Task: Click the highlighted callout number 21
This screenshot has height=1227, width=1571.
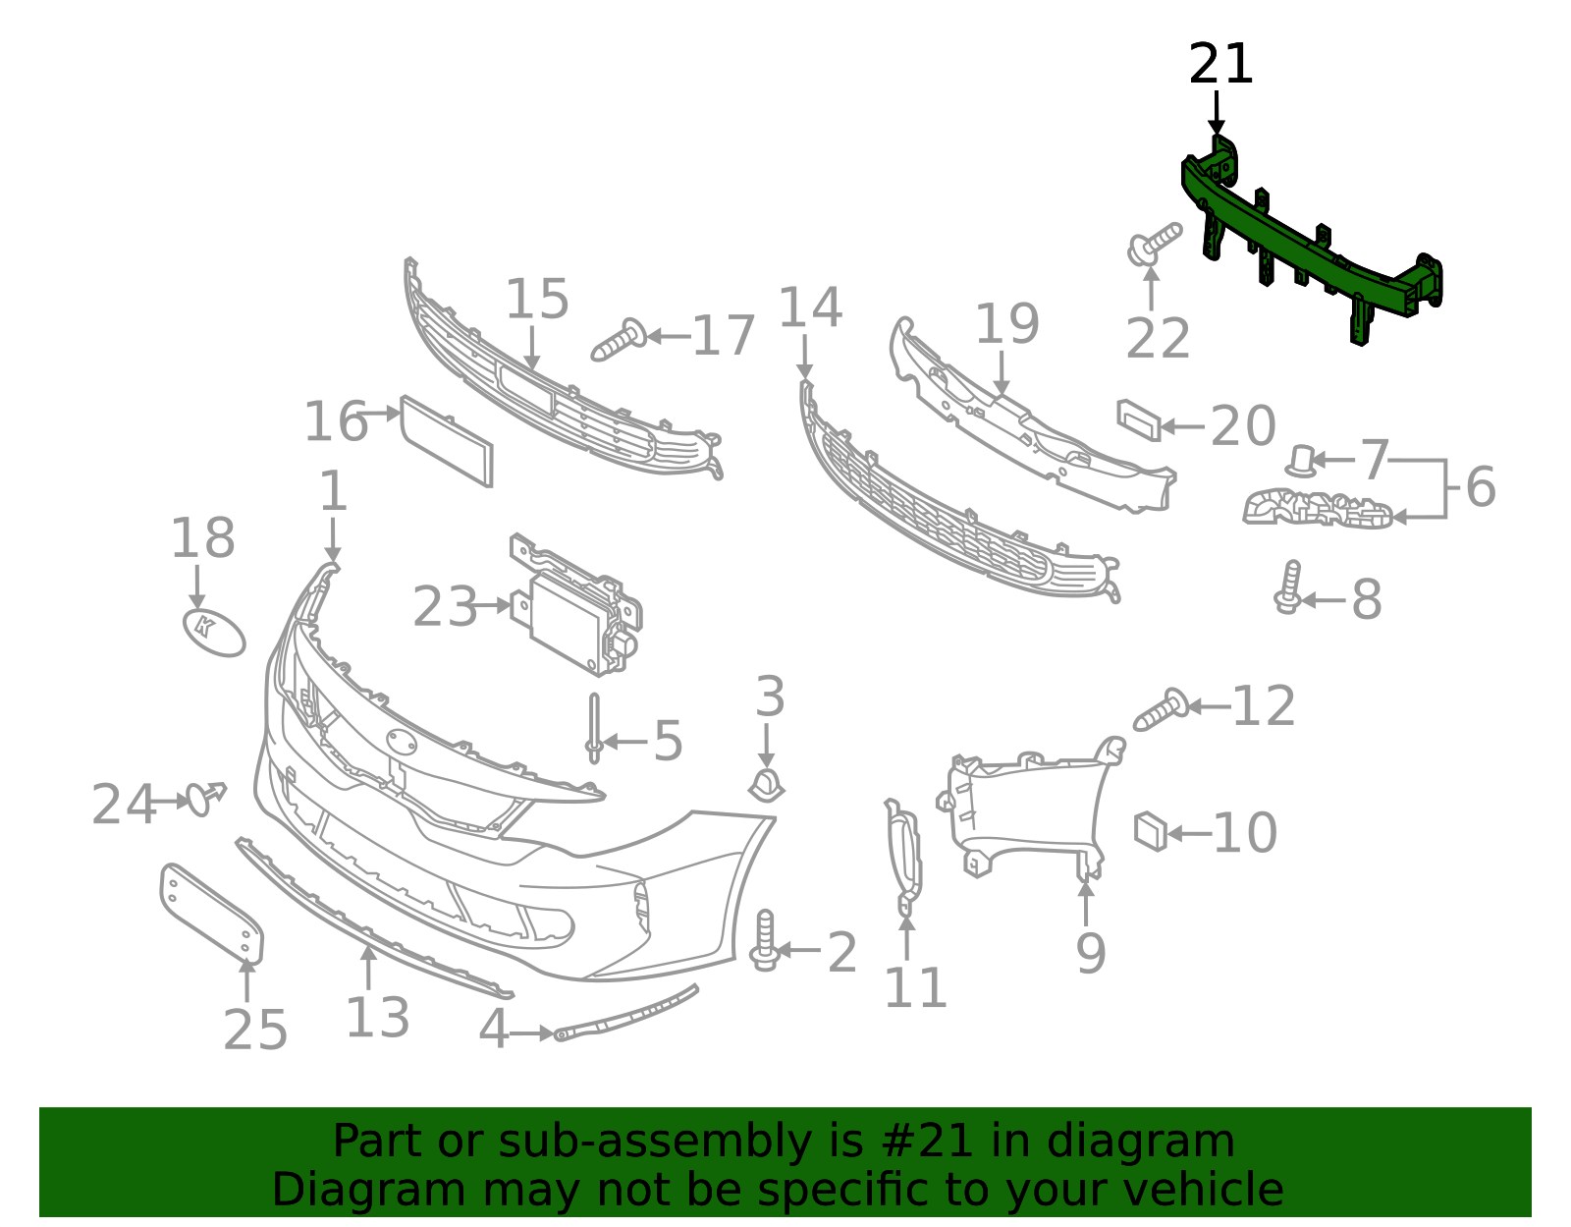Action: [x=1220, y=64]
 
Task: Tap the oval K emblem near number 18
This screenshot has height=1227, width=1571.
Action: [x=213, y=633]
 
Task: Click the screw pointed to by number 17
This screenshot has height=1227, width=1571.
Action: [x=619, y=340]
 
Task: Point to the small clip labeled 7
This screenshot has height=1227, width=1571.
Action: [x=1301, y=462]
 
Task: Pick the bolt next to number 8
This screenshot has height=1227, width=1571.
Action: [x=1288, y=587]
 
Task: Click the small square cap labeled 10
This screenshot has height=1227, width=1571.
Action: [x=1150, y=831]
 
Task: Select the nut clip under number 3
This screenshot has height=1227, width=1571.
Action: [x=766, y=786]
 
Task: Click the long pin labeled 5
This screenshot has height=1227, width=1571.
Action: [x=594, y=728]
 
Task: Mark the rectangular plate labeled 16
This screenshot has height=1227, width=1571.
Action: [x=447, y=441]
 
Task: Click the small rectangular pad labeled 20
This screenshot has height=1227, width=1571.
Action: [x=1139, y=420]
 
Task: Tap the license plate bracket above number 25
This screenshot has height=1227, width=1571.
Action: [x=211, y=914]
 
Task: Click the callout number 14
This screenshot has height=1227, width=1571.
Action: [x=810, y=307]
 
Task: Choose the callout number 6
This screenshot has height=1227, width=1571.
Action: [x=1481, y=486]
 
